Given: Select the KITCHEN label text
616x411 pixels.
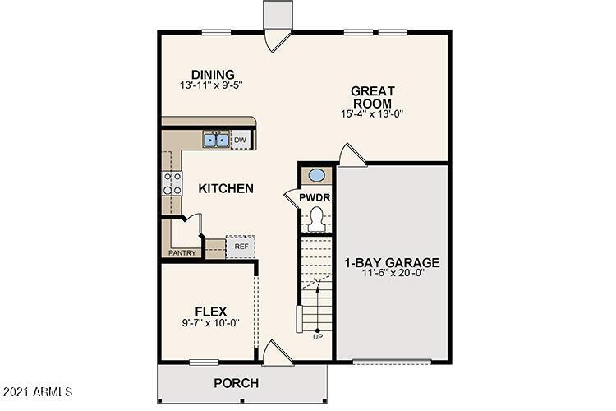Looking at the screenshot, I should coord(226,189).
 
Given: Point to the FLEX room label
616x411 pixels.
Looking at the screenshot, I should coord(210,311).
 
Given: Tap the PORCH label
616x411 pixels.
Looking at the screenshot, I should coord(237,383).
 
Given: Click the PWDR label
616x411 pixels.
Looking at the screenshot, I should coord(314,198).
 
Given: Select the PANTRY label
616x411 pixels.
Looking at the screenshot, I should coord(182,253).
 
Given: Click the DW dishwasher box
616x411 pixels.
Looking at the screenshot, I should coord(240,141).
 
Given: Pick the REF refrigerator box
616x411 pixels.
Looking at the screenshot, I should coord(241,246).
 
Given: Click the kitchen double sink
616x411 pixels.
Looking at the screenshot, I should coord(217,141).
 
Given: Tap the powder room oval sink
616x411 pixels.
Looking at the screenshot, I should coord(315,175).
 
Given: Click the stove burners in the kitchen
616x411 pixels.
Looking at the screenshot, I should coord(173,183).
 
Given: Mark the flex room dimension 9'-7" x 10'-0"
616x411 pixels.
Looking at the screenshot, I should coord(210,323).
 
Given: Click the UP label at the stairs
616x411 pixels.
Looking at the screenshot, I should coord(317,335).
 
